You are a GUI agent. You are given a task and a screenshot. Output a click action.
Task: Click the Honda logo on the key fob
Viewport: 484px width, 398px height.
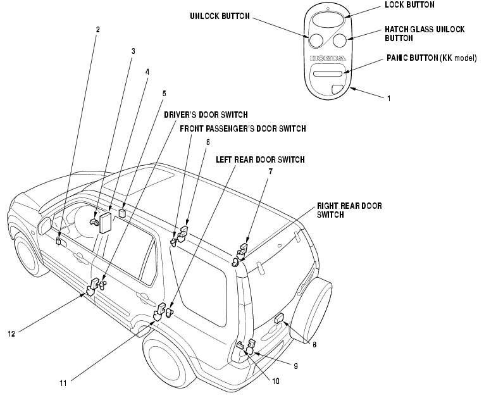point(328,58)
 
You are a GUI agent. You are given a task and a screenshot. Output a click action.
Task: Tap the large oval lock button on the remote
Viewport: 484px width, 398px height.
point(328,21)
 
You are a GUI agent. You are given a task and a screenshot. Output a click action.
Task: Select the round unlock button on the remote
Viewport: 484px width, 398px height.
point(316,40)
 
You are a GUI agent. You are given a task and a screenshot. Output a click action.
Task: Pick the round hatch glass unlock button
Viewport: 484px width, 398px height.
point(340,40)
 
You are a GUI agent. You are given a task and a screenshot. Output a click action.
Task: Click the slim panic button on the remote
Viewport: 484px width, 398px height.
point(328,73)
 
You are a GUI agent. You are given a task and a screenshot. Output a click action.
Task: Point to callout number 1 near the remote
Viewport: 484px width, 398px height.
point(389,99)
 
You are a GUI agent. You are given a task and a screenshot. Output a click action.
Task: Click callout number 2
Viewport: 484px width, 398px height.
point(98,30)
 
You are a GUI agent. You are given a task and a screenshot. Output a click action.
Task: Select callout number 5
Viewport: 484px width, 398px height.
point(164,93)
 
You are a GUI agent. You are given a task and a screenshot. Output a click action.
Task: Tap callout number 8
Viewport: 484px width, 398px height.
point(314,344)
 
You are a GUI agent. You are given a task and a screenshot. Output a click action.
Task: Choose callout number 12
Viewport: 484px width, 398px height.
point(11,333)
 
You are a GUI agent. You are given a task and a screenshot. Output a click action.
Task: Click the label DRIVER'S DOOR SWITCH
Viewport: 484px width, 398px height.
point(206,115)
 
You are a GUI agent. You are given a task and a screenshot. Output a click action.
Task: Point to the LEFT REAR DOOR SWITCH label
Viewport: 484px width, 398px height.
point(260,159)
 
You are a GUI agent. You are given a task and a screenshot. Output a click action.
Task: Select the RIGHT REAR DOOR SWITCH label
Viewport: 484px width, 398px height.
point(349,210)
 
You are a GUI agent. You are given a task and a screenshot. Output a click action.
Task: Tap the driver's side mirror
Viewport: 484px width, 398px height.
point(44,225)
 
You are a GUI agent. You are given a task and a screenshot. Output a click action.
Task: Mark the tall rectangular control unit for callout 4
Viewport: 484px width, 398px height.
point(106,222)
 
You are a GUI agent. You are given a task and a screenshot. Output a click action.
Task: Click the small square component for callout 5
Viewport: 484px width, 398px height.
point(123,213)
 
